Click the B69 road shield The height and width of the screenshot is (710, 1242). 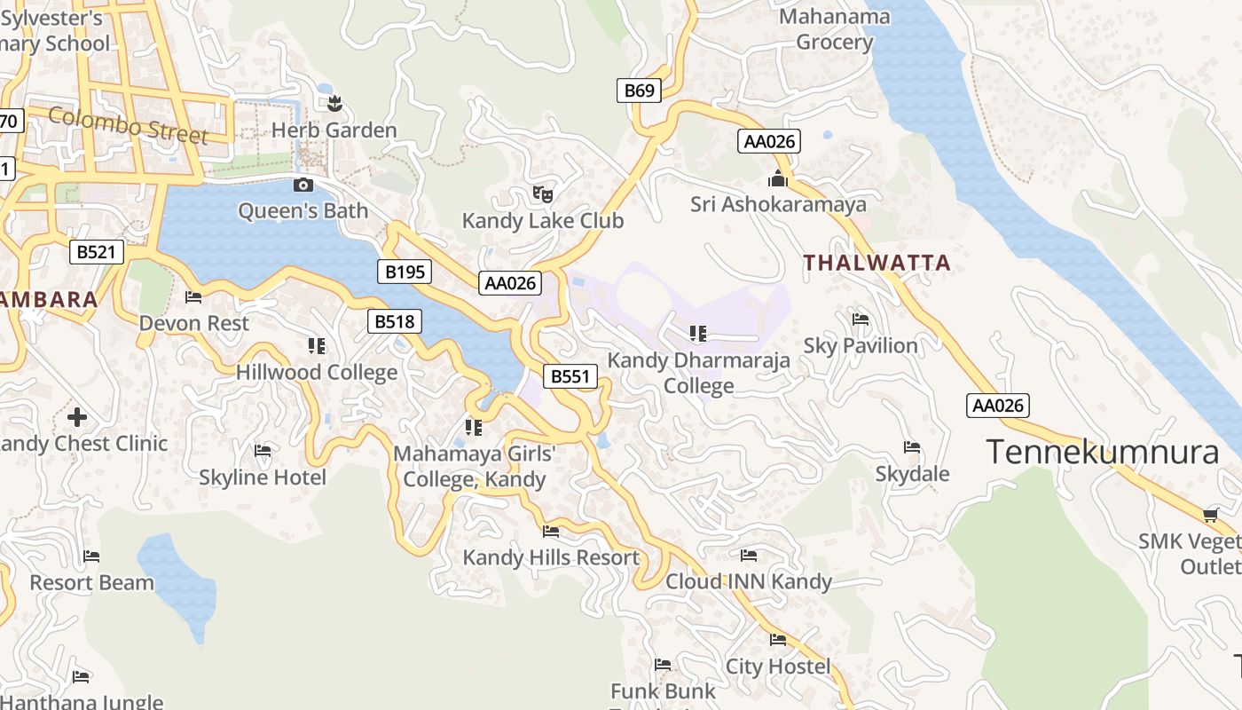pyautogui.click(x=639, y=90)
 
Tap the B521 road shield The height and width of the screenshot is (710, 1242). pyautogui.click(x=96, y=252)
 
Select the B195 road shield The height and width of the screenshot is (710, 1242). pyautogui.click(x=405, y=272)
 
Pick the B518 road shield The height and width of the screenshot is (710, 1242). pyautogui.click(x=394, y=321)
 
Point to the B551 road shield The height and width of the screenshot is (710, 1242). pyautogui.click(x=570, y=376)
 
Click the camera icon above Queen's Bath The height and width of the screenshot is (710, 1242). pyautogui.click(x=303, y=185)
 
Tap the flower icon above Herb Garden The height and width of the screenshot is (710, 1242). pyautogui.click(x=334, y=105)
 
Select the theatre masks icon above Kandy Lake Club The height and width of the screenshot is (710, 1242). pyautogui.click(x=542, y=193)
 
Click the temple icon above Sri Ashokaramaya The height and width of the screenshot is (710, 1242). pyautogui.click(x=778, y=179)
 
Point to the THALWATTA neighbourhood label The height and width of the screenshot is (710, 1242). pyautogui.click(x=876, y=263)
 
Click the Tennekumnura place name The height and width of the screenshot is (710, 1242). pyautogui.click(x=1103, y=453)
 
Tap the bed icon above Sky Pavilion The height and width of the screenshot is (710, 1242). pyautogui.click(x=860, y=319)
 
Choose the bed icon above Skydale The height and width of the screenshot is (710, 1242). pyautogui.click(x=911, y=447)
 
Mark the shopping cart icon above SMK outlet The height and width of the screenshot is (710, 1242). pyautogui.click(x=1210, y=515)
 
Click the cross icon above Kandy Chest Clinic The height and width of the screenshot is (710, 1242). pyautogui.click(x=77, y=416)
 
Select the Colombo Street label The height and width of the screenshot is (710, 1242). pyautogui.click(x=129, y=125)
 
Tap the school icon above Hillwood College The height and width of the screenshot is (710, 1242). pyautogui.click(x=316, y=345)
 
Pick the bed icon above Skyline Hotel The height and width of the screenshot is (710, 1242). pyautogui.click(x=262, y=451)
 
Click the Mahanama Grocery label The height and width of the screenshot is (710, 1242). pyautogui.click(x=835, y=29)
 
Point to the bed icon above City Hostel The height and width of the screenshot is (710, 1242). pyautogui.click(x=778, y=640)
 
